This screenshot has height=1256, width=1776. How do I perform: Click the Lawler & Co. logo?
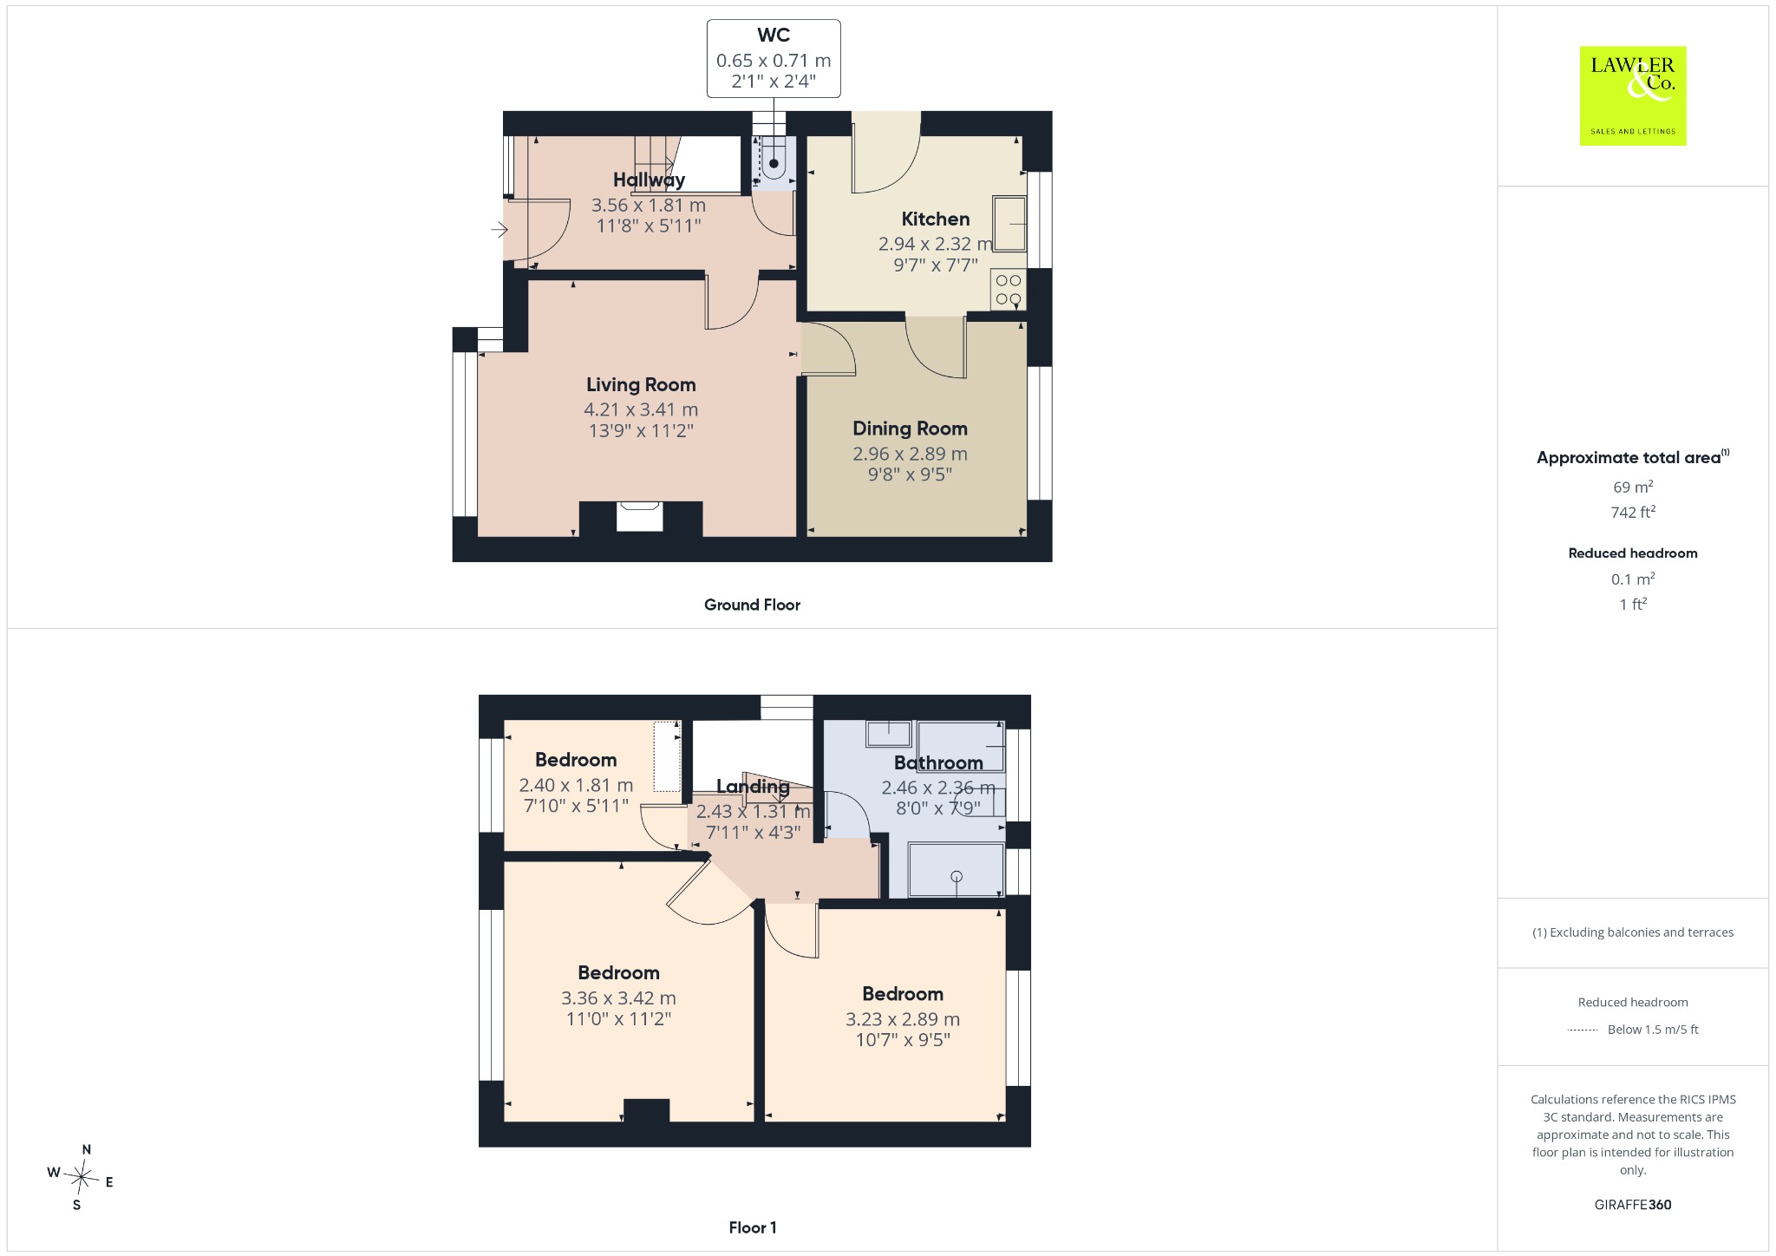1633,95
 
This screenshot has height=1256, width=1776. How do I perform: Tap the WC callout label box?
774,59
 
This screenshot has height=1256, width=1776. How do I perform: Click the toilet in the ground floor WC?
774,160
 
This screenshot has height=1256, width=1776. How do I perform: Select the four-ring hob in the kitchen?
1009,290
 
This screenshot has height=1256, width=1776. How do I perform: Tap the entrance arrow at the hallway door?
499,230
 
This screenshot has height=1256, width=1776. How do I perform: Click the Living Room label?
641,384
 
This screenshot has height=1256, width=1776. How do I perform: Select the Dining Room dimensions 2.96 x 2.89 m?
910,454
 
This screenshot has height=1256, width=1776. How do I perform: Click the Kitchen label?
936,219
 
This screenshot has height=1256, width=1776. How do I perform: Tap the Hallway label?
650,180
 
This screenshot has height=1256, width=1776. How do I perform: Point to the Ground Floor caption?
752,605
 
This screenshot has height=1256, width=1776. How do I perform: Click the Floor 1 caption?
753,1227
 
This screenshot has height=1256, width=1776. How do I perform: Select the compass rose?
81,1177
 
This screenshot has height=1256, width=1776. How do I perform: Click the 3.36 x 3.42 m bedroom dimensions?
618,998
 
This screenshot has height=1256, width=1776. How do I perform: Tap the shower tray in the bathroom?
956,870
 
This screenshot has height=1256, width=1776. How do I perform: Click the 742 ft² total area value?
1633,512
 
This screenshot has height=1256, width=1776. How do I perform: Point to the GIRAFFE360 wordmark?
1633,1204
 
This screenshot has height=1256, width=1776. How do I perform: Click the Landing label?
753,787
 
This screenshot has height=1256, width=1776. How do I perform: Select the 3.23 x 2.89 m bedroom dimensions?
903,1019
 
